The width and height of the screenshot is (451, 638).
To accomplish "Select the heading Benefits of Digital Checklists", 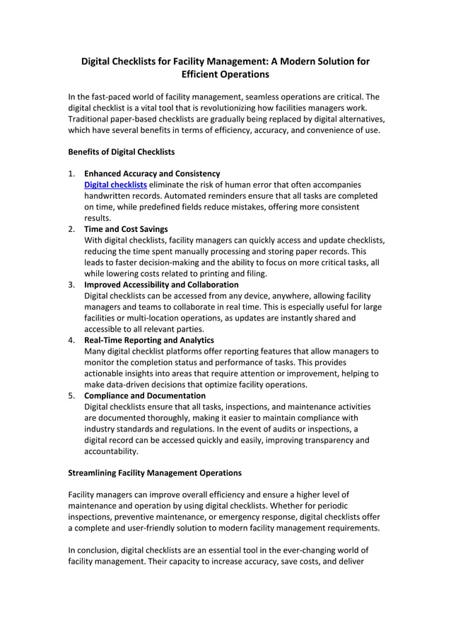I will (121, 151).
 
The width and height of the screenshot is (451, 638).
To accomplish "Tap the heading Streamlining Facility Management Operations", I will (154, 472).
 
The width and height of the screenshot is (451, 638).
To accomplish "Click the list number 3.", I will (71, 284).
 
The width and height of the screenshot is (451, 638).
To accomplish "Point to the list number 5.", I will (71, 395).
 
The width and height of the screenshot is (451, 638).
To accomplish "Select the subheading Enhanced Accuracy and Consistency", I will (152, 173).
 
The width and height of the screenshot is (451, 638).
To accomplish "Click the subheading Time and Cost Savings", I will (126, 229).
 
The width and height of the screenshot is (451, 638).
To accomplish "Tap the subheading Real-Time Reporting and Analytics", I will (148, 340).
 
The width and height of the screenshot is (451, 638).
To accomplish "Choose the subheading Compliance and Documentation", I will (145, 395).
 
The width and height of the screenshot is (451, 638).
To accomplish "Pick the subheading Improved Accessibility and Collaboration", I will (161, 284).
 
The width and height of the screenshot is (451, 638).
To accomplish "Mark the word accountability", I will (111, 451).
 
